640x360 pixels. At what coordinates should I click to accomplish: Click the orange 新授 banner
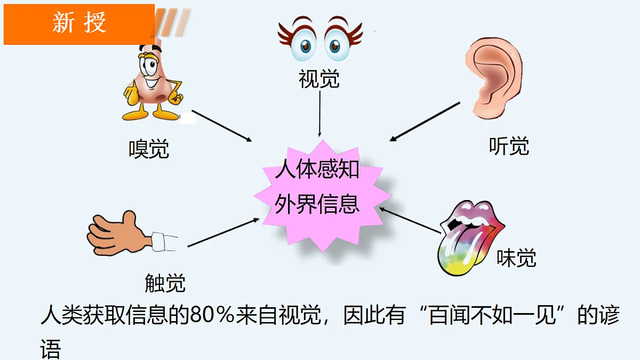click(x=79, y=25)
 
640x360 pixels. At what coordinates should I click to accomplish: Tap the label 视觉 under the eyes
click(x=319, y=78)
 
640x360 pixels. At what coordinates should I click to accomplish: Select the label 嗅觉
click(x=149, y=149)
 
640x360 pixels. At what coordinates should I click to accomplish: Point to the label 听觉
click(x=509, y=146)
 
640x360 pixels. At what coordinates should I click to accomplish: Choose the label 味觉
click(x=516, y=258)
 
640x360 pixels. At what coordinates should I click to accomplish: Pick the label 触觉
click(x=165, y=283)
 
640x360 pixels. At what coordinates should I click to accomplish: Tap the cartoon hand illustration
click(x=132, y=234)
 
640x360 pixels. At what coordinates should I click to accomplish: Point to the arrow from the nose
click(x=222, y=126)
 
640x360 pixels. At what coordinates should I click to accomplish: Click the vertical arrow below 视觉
click(x=319, y=114)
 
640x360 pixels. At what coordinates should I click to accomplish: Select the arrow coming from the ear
click(x=425, y=122)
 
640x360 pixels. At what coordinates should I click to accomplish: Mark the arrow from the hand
click(x=223, y=233)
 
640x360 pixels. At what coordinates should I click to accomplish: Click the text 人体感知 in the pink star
click(x=317, y=169)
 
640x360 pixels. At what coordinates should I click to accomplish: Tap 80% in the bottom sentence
click(x=212, y=315)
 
